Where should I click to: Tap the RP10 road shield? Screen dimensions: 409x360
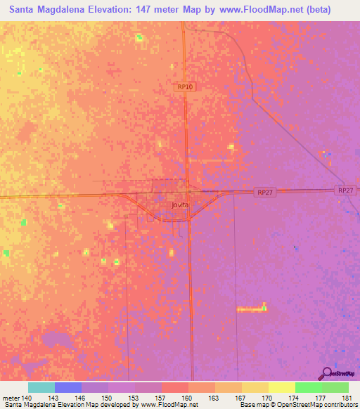tap(185, 86)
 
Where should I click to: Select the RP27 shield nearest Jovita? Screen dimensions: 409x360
tap(263, 192)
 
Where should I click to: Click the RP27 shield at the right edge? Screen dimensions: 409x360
tap(345, 190)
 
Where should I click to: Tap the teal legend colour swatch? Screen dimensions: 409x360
tap(41, 387)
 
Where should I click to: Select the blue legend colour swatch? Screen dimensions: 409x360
tap(68, 387)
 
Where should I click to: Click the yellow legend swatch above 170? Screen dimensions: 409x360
tap(255, 387)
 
